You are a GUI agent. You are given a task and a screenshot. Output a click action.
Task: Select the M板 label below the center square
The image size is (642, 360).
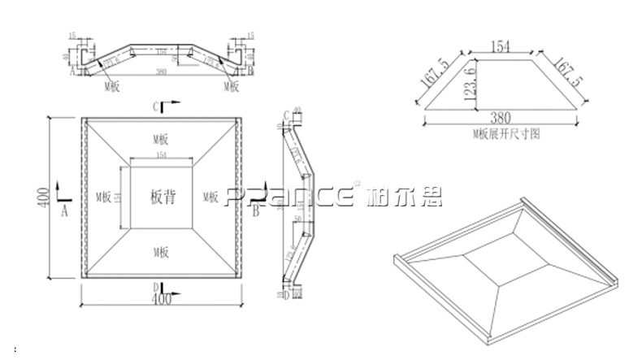[x=162, y=254]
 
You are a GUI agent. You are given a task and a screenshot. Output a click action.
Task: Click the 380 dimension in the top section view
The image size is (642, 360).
[x=161, y=72]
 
